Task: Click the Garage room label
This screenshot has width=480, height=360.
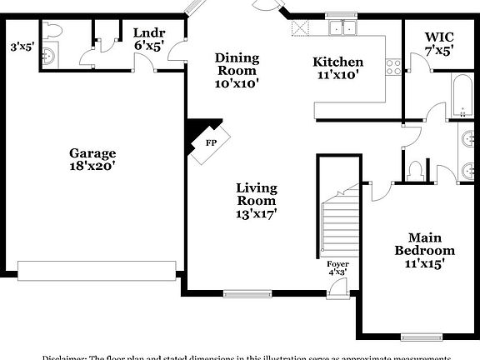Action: coord(92,153)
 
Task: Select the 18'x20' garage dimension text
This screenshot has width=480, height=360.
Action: coord(92,166)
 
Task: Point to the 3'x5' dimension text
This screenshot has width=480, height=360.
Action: coord(20,47)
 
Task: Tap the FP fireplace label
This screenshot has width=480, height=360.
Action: coord(212,142)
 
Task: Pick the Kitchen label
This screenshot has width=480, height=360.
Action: coord(337,62)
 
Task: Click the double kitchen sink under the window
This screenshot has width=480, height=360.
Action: coord(340,28)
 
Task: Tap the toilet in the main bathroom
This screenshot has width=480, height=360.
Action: coord(417,170)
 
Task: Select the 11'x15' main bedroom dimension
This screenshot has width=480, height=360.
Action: coord(424,264)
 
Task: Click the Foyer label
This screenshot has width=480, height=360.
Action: coord(337,264)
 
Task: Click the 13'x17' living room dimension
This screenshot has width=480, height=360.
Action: coord(256,213)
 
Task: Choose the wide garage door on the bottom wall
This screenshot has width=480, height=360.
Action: coord(96,268)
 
